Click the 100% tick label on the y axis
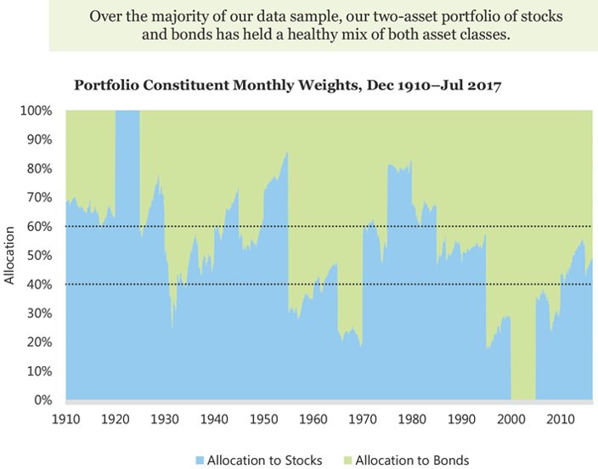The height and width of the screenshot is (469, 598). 38,110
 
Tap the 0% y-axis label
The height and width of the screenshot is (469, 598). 45,399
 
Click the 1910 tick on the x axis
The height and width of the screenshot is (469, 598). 65,419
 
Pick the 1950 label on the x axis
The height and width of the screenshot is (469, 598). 263,419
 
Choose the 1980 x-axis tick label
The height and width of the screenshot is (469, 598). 412,419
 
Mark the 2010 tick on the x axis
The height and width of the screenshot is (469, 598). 561,419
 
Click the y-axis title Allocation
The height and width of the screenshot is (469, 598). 10,255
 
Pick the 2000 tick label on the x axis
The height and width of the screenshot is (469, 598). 511,419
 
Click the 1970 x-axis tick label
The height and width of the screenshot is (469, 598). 363,419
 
